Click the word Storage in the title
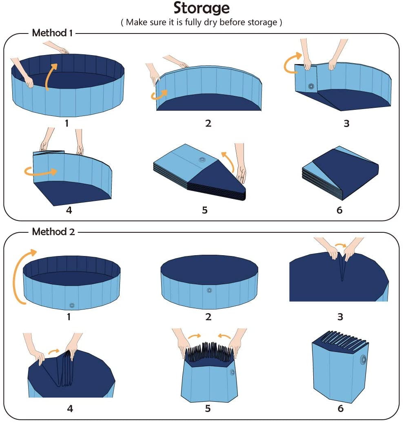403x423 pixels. click(201, 8)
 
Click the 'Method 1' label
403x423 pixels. click(52, 33)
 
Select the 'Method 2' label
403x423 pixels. click(53, 232)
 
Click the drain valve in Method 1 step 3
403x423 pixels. click(312, 86)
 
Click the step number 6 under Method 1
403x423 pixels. click(339, 210)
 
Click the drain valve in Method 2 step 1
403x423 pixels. click(72, 305)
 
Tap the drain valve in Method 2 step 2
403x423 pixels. click(209, 290)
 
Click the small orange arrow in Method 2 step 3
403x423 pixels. click(341, 246)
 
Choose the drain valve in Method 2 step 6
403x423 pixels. click(363, 359)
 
